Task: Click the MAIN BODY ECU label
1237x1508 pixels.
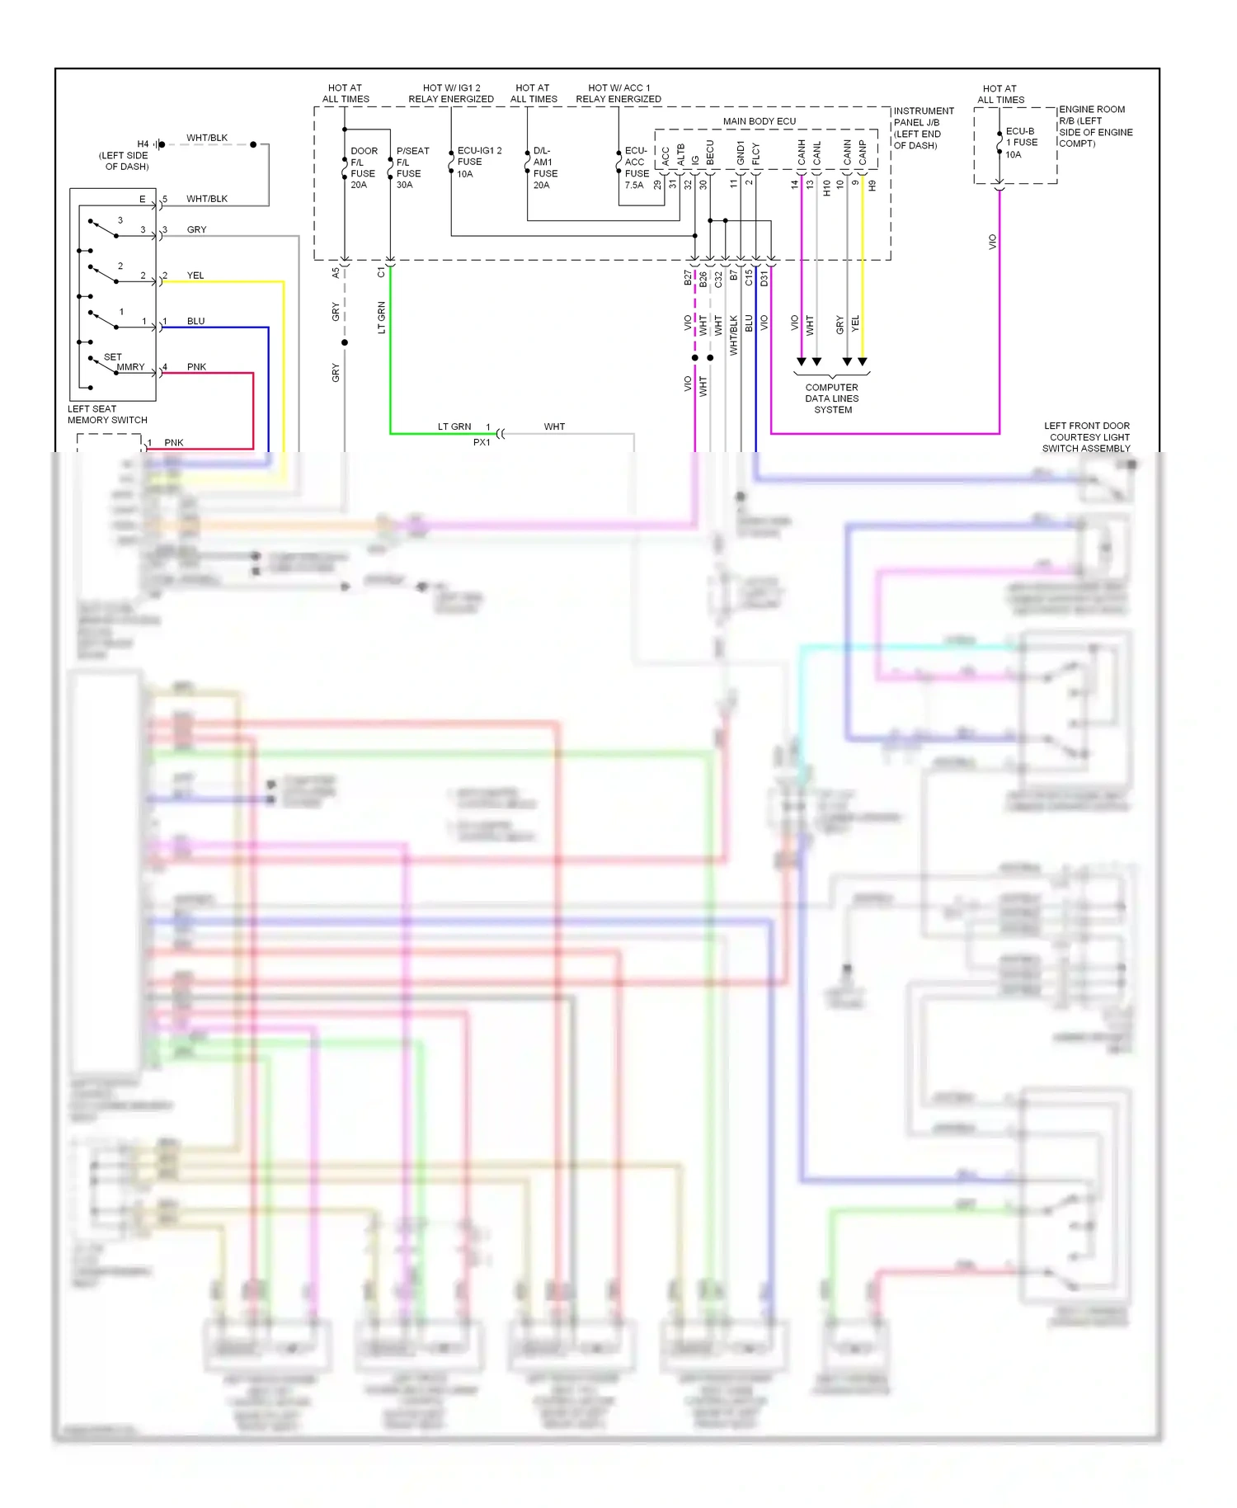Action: point(759,121)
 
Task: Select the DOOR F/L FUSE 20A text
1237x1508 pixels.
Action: point(363,168)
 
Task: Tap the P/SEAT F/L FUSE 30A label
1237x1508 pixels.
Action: point(412,168)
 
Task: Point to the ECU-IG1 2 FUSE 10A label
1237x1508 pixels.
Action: point(478,163)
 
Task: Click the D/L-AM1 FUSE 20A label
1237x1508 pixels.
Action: point(544,168)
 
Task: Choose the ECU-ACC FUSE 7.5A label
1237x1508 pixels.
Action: point(636,168)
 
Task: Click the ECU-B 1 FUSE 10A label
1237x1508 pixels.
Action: point(1020,143)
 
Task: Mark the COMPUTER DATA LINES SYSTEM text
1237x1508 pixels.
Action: point(832,398)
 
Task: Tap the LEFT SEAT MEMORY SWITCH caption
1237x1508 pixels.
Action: point(107,414)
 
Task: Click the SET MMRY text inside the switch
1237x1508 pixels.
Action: point(124,362)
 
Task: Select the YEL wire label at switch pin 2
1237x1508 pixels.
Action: point(195,276)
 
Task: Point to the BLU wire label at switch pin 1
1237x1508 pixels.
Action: point(195,321)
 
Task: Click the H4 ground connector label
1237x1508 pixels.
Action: point(143,144)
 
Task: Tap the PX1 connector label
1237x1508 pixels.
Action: point(482,442)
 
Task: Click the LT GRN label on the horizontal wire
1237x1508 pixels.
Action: point(454,426)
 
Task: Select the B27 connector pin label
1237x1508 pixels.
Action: point(688,278)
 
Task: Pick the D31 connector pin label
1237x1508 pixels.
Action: point(764,278)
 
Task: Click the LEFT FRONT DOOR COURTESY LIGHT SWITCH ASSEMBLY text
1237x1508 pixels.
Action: point(1086,437)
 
